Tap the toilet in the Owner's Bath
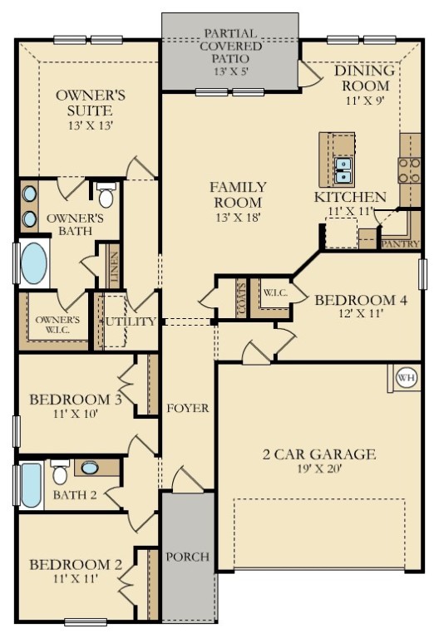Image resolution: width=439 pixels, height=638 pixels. point(106,195)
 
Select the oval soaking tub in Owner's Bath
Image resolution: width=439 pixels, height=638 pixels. point(33,263)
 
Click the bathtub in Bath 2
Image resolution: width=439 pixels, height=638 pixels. point(32,485)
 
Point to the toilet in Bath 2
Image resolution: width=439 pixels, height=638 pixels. point(60,472)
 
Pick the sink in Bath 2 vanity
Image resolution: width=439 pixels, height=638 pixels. point(90,468)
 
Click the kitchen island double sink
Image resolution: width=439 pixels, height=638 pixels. point(343,170)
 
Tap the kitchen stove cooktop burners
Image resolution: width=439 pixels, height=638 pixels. point(409,170)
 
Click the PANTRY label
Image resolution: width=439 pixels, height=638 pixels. point(401,243)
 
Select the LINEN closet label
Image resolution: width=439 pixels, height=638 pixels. point(114,267)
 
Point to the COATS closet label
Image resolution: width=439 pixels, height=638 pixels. point(241,298)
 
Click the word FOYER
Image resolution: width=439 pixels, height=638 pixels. point(188,408)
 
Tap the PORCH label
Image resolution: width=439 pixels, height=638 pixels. point(188,557)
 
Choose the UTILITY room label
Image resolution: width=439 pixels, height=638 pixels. point(131,321)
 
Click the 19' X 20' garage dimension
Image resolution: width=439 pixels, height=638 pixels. point(319,469)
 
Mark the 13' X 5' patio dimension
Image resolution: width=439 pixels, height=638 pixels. point(231,71)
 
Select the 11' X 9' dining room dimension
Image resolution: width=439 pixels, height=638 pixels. point(365,100)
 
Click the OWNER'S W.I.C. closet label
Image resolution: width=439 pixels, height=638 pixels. point(57,324)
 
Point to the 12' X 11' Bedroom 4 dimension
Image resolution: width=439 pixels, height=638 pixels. point(361,313)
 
